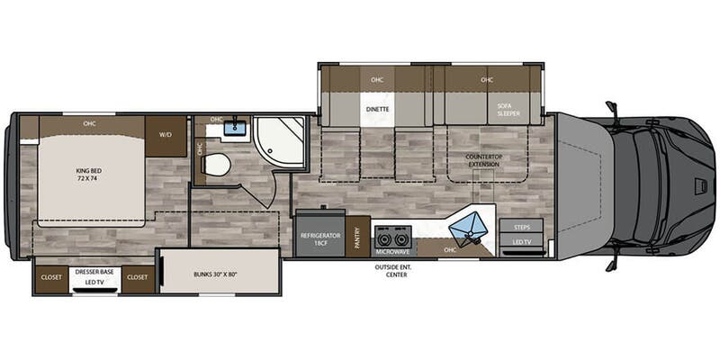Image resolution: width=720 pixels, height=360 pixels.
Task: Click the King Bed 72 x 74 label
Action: click(x=88, y=175)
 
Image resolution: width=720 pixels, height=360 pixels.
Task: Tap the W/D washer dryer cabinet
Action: click(x=166, y=137)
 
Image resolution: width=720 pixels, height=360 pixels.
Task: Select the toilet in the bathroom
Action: click(x=215, y=165)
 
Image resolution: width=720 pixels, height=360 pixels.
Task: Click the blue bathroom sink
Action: click(x=236, y=127)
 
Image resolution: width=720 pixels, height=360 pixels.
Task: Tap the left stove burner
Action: click(x=384, y=238)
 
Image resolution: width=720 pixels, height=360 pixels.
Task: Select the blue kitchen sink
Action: click(x=466, y=228)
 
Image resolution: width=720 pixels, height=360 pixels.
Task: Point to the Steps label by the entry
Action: click(x=522, y=228)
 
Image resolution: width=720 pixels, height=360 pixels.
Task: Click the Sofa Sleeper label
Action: click(x=508, y=109)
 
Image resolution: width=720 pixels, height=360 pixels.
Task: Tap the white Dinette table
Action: click(x=377, y=109)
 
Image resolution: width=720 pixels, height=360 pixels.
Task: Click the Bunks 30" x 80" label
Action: click(x=215, y=275)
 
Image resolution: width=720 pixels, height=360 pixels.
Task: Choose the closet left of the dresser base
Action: click(x=51, y=277)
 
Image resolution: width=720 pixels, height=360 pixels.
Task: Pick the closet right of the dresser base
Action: click(x=138, y=277)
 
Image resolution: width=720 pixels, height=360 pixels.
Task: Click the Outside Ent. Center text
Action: click(x=396, y=271)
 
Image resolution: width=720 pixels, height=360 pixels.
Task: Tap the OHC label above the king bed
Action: click(x=89, y=123)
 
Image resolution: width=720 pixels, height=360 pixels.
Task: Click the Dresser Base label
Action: click(x=94, y=272)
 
